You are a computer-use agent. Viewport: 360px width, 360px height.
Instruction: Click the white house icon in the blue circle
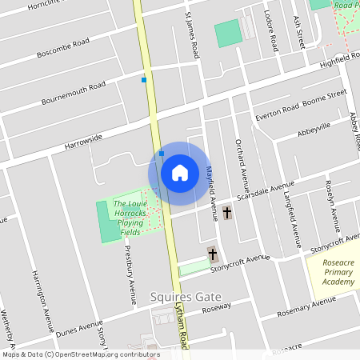pos(180,172)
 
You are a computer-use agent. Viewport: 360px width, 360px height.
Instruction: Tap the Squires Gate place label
pos(186,298)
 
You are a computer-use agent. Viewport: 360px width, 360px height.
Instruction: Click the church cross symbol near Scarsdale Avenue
pos(227,213)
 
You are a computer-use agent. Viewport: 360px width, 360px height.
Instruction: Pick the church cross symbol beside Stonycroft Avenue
pos(213,255)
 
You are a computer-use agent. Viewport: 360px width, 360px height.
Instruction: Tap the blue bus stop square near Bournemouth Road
pos(144,80)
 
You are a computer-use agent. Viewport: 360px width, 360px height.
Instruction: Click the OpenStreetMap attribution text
pos(81,354)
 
